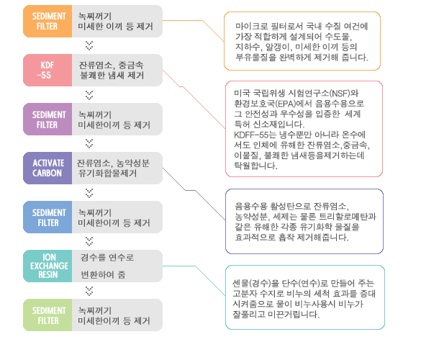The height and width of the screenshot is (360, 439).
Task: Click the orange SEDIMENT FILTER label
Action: [47, 21]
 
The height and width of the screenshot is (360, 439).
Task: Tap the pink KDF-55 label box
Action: [47, 70]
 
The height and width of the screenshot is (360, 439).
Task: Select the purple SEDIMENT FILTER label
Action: [47, 119]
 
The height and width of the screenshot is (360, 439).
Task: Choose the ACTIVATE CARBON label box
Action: [47, 168]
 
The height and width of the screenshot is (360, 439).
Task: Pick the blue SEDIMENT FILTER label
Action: [47, 217]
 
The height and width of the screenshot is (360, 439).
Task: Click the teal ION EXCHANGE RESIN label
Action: [47, 266]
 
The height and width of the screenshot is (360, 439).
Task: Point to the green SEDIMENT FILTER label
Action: [47, 315]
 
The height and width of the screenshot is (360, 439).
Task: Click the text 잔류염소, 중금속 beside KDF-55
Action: [111, 66]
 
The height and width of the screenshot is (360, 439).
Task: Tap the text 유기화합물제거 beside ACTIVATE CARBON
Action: [107, 173]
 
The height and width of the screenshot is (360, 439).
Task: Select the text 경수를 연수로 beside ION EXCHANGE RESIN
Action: [107, 257]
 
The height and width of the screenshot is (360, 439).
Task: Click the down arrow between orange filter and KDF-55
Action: [89, 45]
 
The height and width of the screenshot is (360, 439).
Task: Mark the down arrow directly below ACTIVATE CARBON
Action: [89, 193]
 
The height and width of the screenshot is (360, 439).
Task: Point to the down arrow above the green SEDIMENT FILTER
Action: [89, 291]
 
